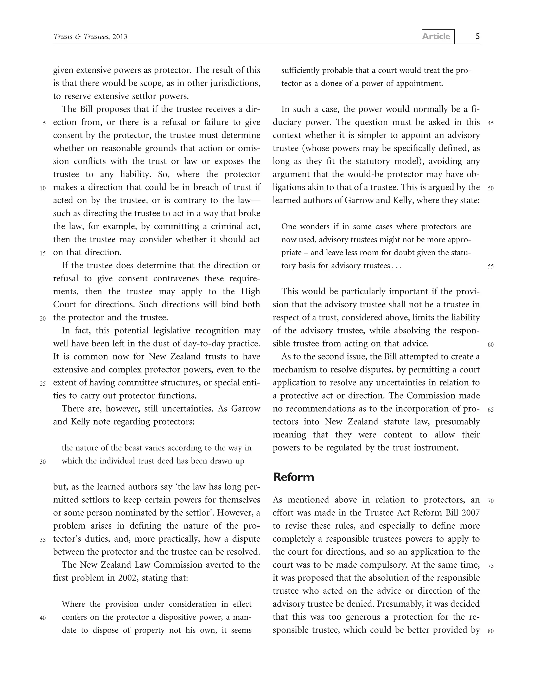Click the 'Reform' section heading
[294, 477]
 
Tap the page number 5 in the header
[478, 36]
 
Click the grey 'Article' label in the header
[436, 36]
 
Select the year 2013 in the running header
[120, 37]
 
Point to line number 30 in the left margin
[43, 462]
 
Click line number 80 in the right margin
[490, 631]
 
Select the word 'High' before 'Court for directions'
[251, 291]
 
